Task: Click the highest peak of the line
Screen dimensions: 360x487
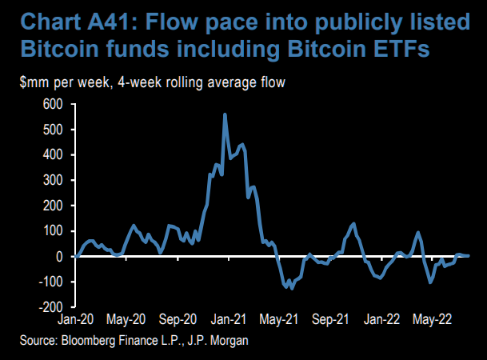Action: [225, 114]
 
